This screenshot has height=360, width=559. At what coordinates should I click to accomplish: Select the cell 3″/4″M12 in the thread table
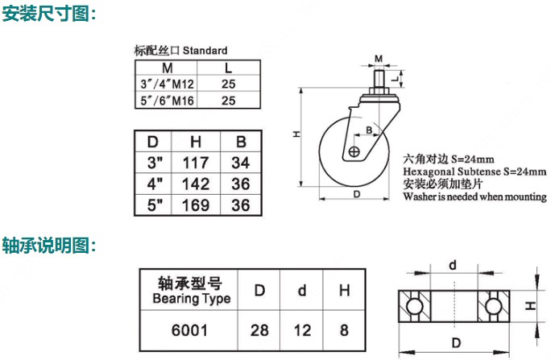(167, 84)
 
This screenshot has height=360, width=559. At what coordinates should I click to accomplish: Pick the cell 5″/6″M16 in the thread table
(167, 101)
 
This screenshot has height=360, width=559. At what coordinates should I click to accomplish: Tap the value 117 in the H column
(196, 163)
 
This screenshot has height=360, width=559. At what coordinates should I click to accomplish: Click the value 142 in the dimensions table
(196, 184)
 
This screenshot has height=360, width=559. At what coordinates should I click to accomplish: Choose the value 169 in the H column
(196, 205)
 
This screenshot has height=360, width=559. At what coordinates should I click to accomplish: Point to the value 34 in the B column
(241, 163)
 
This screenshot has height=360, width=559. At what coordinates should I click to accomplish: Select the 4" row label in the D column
(155, 184)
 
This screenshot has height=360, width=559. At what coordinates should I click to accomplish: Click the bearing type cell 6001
(189, 330)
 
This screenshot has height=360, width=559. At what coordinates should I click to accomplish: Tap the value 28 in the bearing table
(259, 330)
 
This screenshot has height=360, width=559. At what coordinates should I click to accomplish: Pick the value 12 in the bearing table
(302, 330)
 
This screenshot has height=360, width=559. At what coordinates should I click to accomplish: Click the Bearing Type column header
(191, 291)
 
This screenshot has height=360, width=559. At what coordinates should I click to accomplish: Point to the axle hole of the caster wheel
(354, 152)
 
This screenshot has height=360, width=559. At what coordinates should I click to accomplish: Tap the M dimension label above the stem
(379, 59)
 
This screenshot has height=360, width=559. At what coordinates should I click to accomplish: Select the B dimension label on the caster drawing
(370, 130)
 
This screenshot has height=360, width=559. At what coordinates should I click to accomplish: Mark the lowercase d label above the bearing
(453, 265)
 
